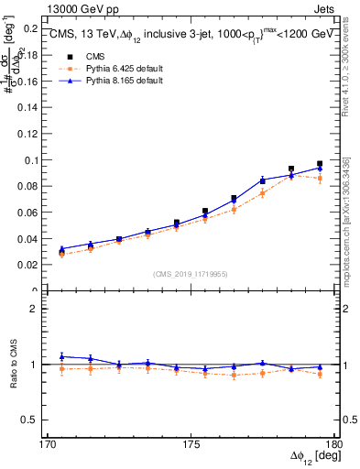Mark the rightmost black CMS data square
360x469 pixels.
click(320, 164)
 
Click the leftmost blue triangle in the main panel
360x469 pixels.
click(61, 248)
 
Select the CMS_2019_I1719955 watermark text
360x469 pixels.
click(191, 273)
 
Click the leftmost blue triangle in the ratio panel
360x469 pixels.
click(61, 356)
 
